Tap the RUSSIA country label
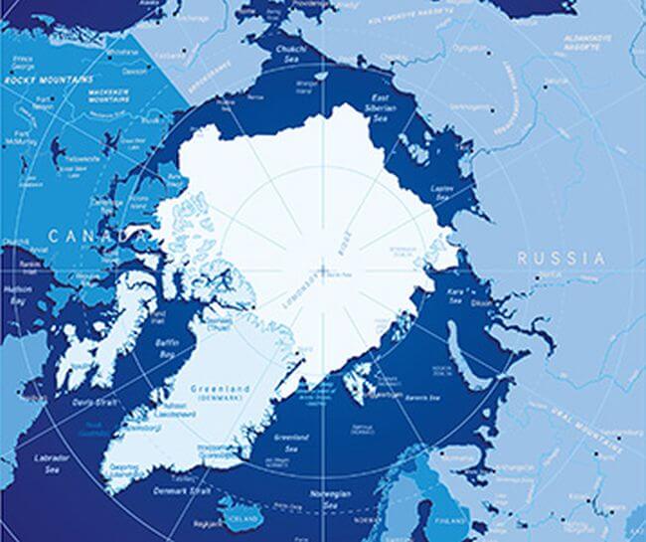click(x=561, y=258)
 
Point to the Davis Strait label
click(x=96, y=403)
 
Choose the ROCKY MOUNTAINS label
click(x=49, y=79)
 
